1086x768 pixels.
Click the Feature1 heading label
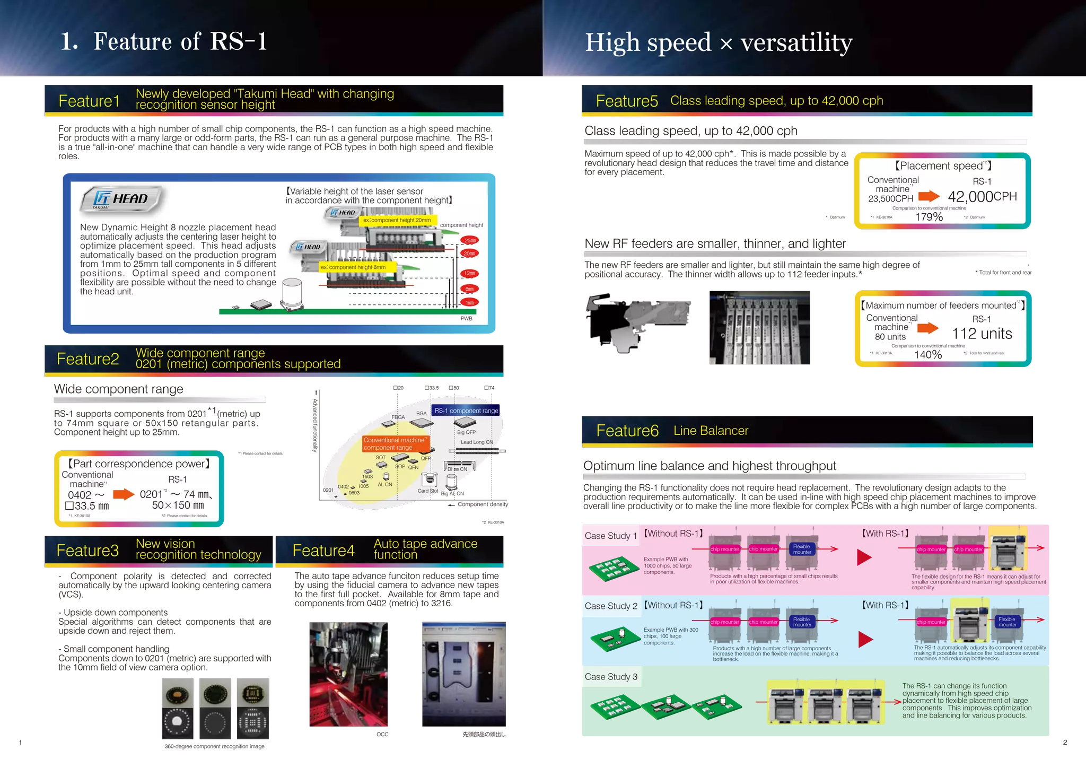[x=89, y=101]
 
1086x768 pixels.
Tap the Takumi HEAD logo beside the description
[x=122, y=199]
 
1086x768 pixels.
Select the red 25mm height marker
[x=470, y=240]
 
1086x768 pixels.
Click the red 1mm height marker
[x=470, y=302]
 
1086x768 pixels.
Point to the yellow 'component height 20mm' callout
[x=398, y=220]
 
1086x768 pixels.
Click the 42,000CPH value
[x=982, y=197]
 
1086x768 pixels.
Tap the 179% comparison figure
[x=929, y=217]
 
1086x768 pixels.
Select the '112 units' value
[x=982, y=334]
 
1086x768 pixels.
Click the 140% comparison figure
[x=928, y=354]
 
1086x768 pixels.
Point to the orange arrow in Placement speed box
[x=929, y=197]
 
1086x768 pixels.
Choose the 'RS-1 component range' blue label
[x=466, y=411]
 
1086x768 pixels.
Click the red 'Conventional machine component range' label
[x=395, y=444]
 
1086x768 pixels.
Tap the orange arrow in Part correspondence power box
[x=124, y=494]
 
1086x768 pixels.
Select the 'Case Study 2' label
[x=611, y=606]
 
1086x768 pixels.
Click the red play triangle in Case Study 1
[x=864, y=557]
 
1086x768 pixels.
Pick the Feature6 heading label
[x=627, y=431]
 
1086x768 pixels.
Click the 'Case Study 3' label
[x=611, y=677]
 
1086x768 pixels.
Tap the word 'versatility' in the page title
[x=796, y=42]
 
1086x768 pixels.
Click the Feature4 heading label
[x=323, y=551]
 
